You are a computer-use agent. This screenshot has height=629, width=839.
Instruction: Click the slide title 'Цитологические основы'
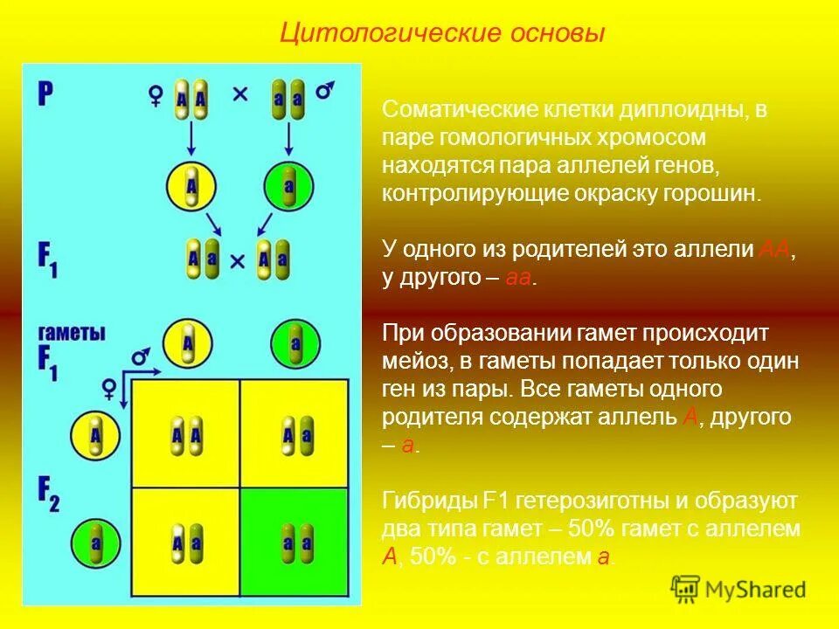(441, 33)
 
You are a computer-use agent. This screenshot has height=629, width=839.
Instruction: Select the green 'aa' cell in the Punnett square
(295, 541)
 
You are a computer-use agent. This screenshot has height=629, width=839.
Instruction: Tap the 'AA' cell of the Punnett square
(186, 434)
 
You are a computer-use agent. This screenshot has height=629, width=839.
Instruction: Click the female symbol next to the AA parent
(156, 95)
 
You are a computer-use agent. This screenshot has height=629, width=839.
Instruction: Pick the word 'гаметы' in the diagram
(72, 333)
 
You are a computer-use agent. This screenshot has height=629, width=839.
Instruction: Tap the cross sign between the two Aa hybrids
(237, 259)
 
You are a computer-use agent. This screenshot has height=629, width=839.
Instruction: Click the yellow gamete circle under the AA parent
(191, 185)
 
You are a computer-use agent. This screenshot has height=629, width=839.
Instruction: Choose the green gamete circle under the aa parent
(289, 185)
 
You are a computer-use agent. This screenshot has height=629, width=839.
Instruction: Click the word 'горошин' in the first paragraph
(722, 193)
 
